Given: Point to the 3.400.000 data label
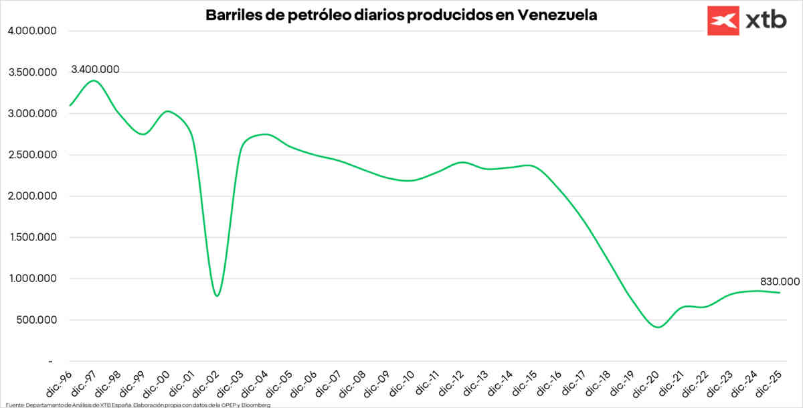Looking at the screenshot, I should (95, 69).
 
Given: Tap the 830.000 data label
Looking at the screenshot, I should (780, 281).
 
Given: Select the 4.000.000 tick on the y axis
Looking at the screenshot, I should (32, 31).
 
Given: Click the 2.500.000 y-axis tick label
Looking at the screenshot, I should (32, 155).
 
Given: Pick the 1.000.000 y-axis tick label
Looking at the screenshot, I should (32, 279).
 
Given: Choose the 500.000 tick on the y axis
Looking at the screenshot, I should (35, 320).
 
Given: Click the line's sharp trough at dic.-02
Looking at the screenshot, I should (217, 295).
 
